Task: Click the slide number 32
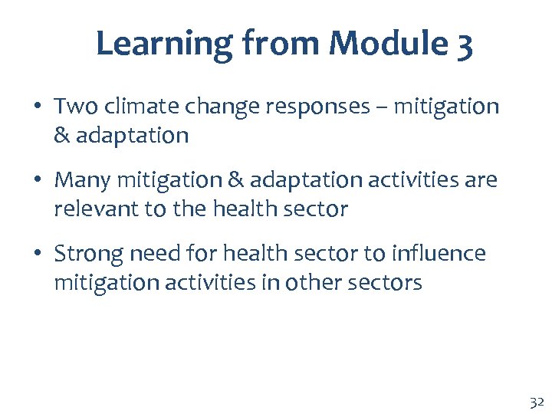pos(534,402)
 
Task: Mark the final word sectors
pos(386,282)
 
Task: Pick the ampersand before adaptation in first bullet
pos(62,135)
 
